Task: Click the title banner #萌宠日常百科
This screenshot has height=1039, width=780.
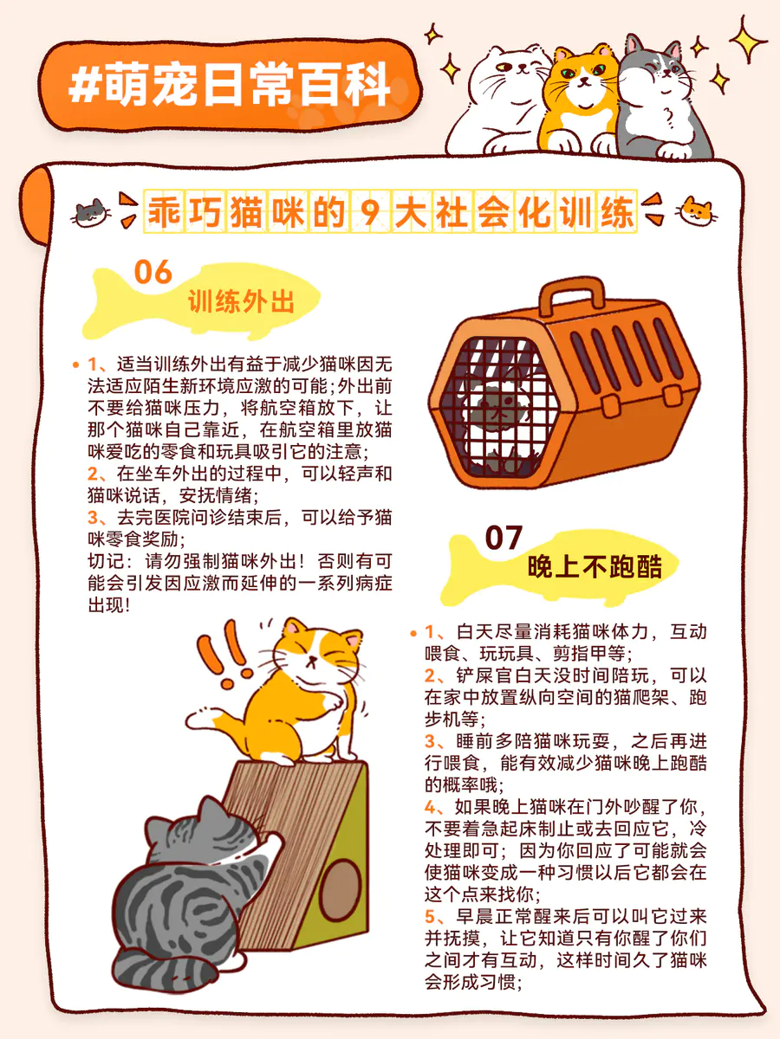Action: click(x=231, y=85)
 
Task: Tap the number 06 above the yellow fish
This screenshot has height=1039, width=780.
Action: click(x=153, y=272)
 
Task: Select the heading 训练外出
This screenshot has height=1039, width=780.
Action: click(x=241, y=301)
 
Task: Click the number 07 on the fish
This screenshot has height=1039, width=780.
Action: click(x=504, y=538)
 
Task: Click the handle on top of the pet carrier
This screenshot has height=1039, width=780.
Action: click(x=571, y=296)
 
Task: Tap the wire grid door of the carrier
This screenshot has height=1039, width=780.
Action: click(x=498, y=408)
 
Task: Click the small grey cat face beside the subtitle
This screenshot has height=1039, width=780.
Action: click(x=91, y=213)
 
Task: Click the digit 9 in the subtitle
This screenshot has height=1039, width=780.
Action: click(x=371, y=212)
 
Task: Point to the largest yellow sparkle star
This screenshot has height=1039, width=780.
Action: click(x=748, y=40)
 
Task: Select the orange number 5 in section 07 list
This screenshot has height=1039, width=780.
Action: click(x=430, y=917)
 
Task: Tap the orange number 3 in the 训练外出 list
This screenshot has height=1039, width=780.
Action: click(x=93, y=518)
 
